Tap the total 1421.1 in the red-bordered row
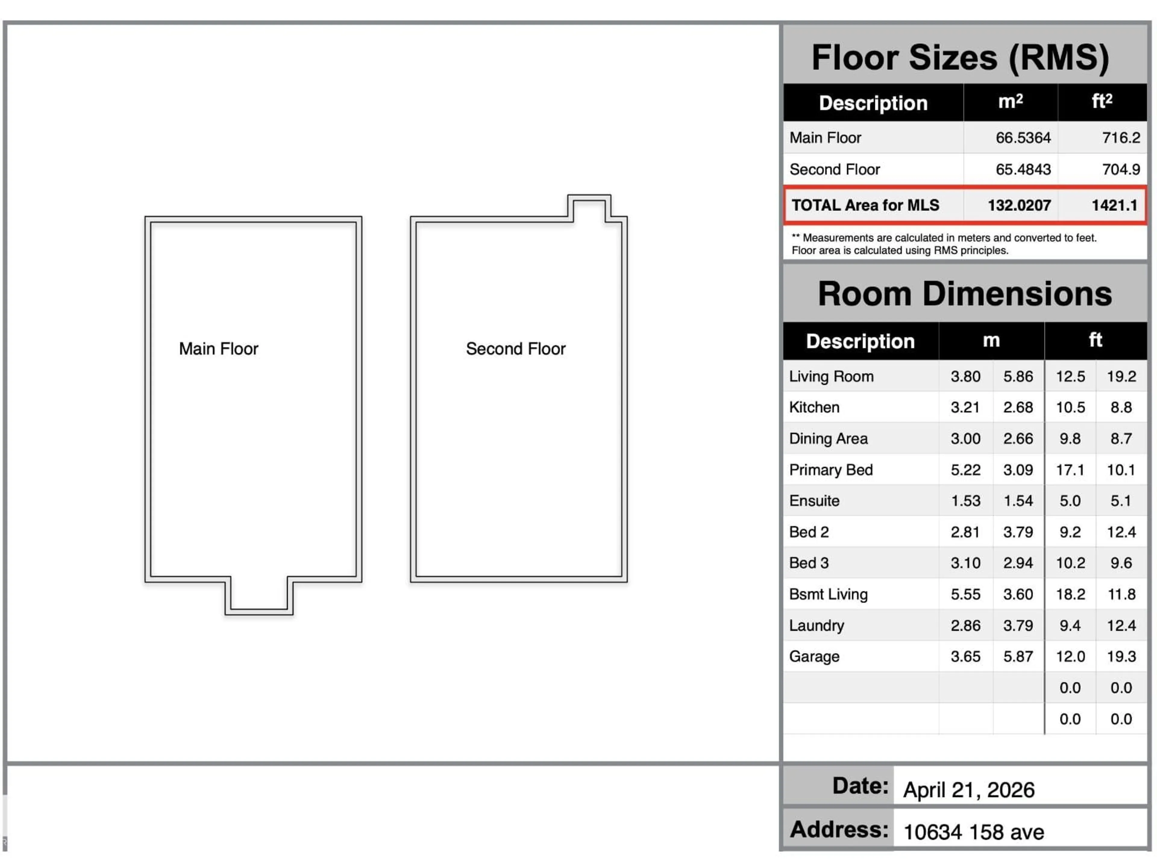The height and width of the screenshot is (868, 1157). tap(1114, 205)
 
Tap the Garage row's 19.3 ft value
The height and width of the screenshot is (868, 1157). tap(1121, 657)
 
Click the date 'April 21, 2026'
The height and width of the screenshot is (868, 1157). tap(969, 790)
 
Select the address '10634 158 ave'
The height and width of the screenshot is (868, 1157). tap(974, 832)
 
